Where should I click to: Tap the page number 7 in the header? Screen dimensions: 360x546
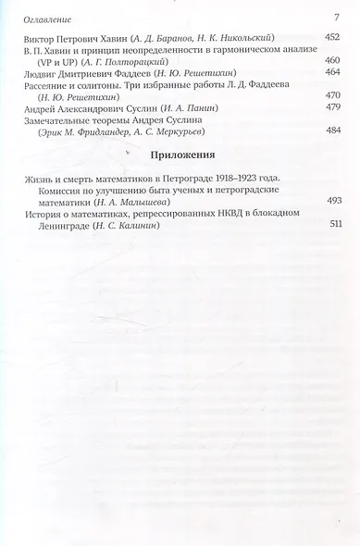point(337,17)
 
